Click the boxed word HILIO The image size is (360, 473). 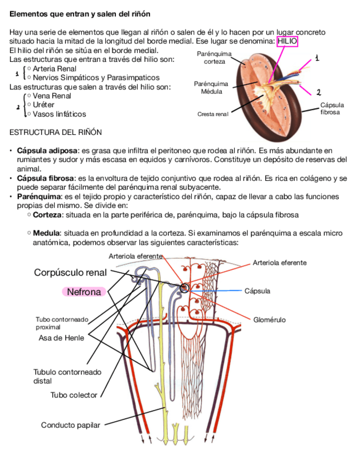(x=287, y=42)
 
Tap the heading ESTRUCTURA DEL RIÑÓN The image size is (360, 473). (x=56, y=132)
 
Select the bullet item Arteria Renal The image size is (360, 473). (x=55, y=69)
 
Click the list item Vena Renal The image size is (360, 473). (x=52, y=96)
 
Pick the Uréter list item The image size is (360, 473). (x=44, y=105)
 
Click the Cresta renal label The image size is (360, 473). (x=213, y=114)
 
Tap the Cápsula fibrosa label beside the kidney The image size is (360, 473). (x=332, y=108)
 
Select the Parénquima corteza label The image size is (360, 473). (x=214, y=57)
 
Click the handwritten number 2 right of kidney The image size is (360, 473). (x=318, y=92)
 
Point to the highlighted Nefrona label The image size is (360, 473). (x=84, y=292)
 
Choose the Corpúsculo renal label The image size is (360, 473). (x=70, y=273)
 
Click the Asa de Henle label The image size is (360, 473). (x=61, y=338)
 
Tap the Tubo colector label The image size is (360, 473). (x=74, y=395)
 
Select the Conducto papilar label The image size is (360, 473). (x=70, y=425)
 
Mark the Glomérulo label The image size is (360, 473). (x=269, y=320)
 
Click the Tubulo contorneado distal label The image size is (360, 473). (x=67, y=377)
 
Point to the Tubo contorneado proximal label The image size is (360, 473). (x=62, y=323)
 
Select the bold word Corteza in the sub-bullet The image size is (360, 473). (x=47, y=215)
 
